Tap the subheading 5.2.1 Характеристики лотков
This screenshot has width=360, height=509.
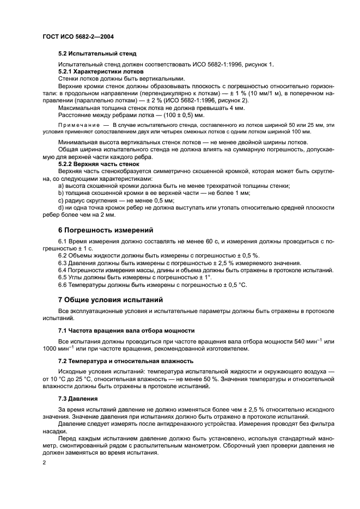[x=101, y=71]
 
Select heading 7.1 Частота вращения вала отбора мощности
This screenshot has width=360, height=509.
[x=126, y=331]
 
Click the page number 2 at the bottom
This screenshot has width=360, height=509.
[x=45, y=462]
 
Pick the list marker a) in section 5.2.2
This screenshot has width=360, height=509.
[x=61, y=186]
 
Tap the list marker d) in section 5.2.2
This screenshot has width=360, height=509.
[x=61, y=208]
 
